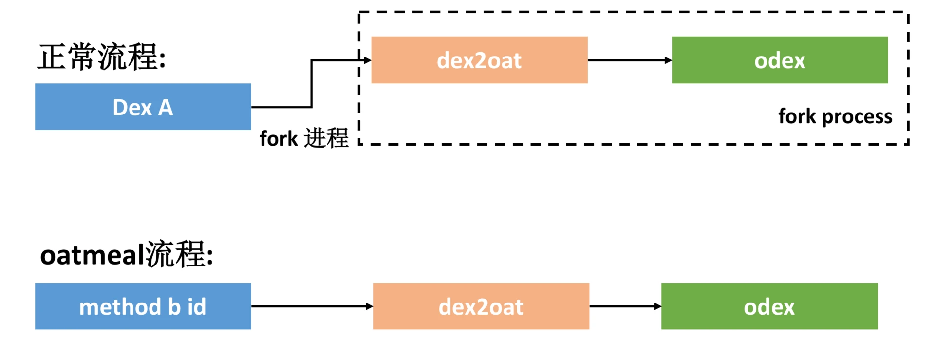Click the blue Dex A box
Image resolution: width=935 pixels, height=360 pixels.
coord(143,107)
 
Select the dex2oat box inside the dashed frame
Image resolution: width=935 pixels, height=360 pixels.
coord(479,60)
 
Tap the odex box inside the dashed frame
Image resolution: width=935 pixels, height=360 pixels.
coord(780,60)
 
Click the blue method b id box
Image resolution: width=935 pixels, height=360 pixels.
coord(143,306)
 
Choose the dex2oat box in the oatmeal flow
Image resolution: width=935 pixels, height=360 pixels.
coord(481,306)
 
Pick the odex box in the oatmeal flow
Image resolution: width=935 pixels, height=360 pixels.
coord(769,306)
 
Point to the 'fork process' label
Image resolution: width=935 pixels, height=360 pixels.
coord(835,116)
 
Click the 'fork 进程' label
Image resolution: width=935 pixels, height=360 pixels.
coord(304,138)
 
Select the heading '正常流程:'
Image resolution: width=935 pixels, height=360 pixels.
coord(102,57)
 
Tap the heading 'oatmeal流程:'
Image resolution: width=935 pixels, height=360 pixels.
coord(127,254)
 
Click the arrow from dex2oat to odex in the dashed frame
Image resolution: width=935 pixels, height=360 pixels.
coord(629,60)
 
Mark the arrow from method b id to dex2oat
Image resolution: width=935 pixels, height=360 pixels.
coord(312,306)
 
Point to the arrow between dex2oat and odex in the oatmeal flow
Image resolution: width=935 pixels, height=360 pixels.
coord(625,306)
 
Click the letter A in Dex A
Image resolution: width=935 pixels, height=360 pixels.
coord(166,108)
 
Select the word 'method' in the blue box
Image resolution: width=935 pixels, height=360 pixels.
coord(120,307)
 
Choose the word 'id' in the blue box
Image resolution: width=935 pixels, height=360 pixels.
coord(197,307)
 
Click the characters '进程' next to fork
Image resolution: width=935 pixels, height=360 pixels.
coord(326,138)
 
